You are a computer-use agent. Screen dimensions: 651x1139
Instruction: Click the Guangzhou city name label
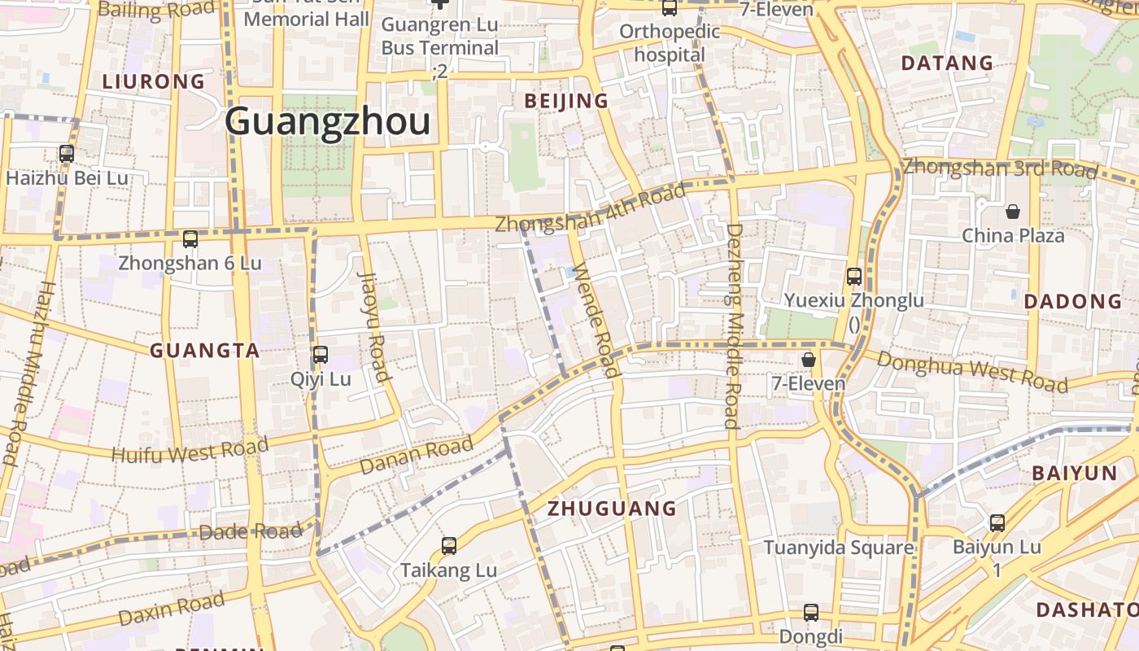pyautogui.click(x=327, y=122)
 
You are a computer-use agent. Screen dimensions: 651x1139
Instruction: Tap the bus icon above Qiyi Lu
pyautogui.click(x=321, y=355)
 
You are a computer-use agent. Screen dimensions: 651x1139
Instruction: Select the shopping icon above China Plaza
pyautogui.click(x=1013, y=212)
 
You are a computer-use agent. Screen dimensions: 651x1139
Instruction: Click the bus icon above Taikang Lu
pyautogui.click(x=448, y=546)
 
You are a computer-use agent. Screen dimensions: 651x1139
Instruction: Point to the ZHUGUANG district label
pyautogui.click(x=612, y=509)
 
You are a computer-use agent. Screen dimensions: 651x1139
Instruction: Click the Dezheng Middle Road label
pyautogui.click(x=733, y=325)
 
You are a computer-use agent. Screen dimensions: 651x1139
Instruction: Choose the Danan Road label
pyautogui.click(x=416, y=457)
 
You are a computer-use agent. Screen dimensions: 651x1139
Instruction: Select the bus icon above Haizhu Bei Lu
pyautogui.click(x=67, y=153)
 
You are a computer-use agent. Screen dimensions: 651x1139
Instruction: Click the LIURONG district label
pyautogui.click(x=154, y=81)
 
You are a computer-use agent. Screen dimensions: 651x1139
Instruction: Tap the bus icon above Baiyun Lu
pyautogui.click(x=997, y=523)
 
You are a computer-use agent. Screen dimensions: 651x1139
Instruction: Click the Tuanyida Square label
pyautogui.click(x=838, y=548)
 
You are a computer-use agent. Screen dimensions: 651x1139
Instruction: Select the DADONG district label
pyautogui.click(x=1073, y=301)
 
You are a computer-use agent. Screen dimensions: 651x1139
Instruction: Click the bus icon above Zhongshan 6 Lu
pyautogui.click(x=190, y=239)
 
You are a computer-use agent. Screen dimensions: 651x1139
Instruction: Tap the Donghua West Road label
pyautogui.click(x=972, y=373)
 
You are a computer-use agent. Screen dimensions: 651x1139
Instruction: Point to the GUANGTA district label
pyautogui.click(x=205, y=351)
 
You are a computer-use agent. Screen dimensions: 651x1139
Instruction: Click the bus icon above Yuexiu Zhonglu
pyautogui.click(x=854, y=277)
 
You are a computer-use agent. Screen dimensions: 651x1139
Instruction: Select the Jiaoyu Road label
pyautogui.click(x=373, y=325)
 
